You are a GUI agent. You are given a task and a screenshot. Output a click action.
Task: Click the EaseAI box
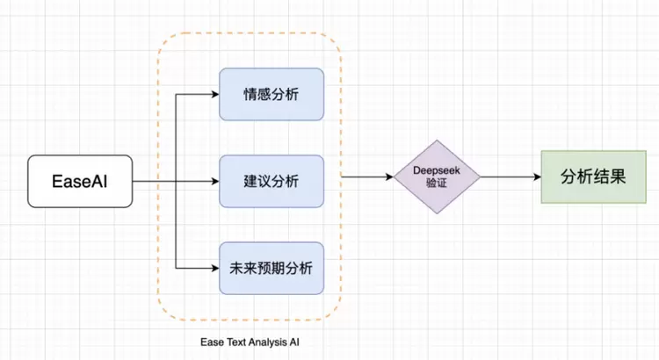point(80,182)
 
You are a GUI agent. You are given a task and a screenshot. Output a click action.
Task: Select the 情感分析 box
point(272,94)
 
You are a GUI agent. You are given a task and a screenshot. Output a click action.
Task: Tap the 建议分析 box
point(272,182)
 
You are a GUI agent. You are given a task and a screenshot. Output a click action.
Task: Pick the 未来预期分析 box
point(272,267)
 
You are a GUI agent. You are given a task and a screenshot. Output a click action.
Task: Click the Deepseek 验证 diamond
point(437,176)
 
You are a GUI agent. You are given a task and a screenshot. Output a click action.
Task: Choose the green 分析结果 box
point(592,176)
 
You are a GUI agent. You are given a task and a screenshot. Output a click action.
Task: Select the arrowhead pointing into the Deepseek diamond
point(387,176)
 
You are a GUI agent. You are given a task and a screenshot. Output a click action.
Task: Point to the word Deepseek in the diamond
point(437,169)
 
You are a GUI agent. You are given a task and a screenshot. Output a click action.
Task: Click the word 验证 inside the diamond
point(437,184)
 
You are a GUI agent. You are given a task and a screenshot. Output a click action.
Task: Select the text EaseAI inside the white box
point(80,182)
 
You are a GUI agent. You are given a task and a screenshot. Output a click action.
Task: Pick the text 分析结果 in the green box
point(592,176)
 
